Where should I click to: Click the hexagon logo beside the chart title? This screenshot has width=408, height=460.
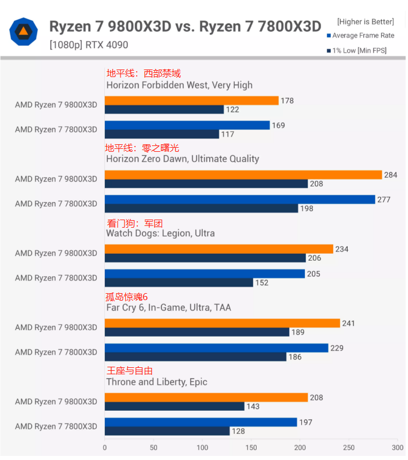click(24, 32)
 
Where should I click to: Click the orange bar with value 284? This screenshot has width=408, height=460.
click(243, 175)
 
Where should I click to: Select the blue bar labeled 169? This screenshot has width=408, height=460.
click(187, 125)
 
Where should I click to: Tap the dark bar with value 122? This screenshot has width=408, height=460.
click(164, 109)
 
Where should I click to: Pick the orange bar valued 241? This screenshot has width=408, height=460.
click(222, 323)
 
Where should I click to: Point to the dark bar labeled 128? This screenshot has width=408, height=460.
click(167, 431)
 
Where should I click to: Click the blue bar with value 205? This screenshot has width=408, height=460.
click(205, 273)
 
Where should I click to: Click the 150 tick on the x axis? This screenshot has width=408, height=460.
click(251, 448)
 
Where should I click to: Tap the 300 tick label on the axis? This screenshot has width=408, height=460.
click(398, 448)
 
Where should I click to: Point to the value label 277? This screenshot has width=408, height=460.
click(384, 200)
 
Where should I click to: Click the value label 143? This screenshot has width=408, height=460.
click(254, 407)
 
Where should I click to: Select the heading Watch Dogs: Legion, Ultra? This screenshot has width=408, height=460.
click(160, 233)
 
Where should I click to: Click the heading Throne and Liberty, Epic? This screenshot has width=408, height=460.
click(156, 382)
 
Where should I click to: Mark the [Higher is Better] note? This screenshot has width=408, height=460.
click(365, 22)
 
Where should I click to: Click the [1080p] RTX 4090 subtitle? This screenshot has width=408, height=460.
click(89, 45)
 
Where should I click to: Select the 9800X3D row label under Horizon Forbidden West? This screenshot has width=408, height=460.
click(56, 105)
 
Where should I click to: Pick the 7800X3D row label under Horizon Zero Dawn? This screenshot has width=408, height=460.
click(56, 204)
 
